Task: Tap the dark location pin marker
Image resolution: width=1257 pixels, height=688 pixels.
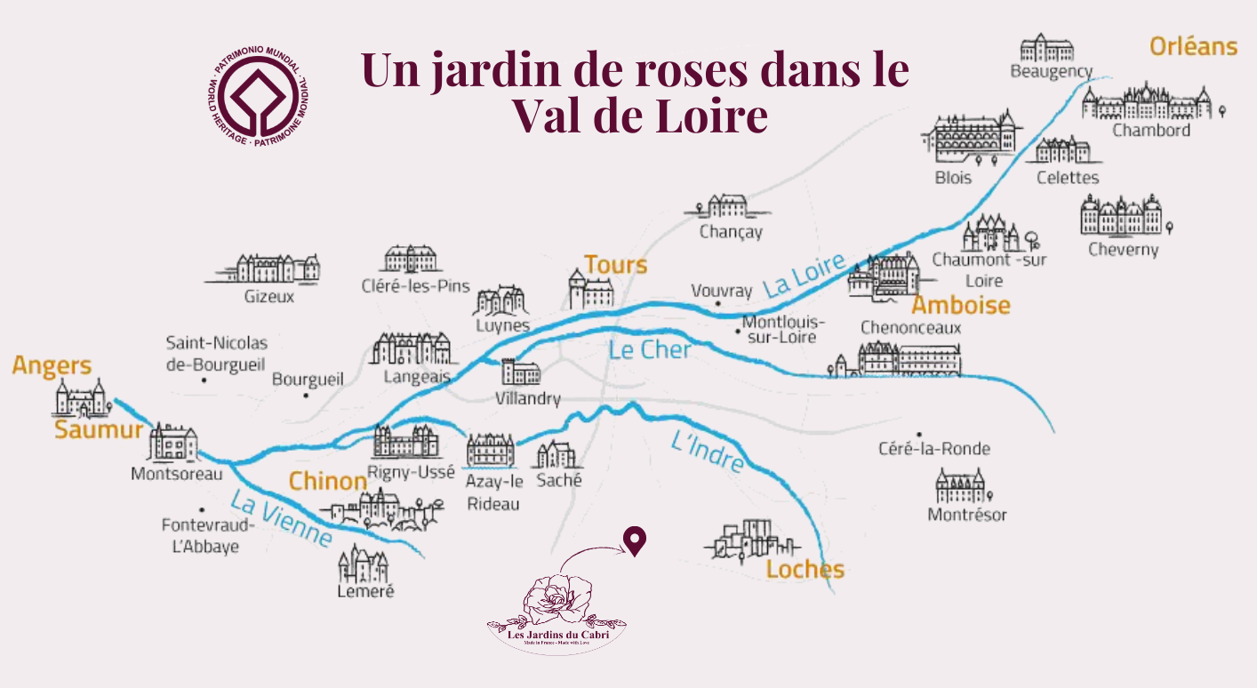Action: (x=634, y=540)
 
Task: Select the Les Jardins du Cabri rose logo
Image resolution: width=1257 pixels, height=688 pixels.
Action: (x=557, y=613)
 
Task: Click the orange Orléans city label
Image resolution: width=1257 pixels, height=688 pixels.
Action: (x=1193, y=46)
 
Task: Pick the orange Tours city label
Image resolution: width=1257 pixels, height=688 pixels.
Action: (x=615, y=264)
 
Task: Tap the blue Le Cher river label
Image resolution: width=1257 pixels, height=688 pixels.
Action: (x=650, y=349)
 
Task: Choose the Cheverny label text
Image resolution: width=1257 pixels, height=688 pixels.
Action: (x=1124, y=249)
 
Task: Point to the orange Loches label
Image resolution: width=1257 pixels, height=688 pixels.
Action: (x=805, y=569)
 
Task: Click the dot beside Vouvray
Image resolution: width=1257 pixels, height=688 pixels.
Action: (x=717, y=304)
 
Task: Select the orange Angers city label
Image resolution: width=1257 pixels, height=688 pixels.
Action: (x=52, y=365)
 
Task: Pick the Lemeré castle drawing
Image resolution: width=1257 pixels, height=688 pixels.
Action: (x=363, y=563)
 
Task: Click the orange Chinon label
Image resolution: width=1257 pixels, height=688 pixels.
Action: (x=327, y=482)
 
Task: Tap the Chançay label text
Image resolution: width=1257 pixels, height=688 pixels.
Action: (x=731, y=232)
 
